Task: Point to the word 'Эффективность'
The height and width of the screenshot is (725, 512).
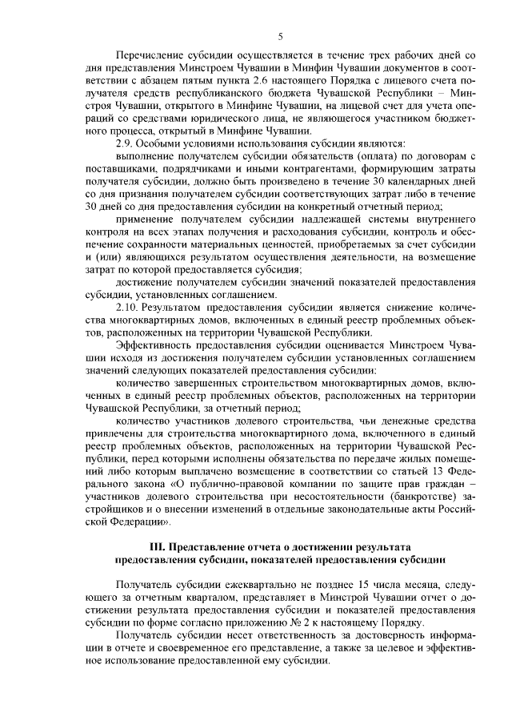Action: coord(156,346)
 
